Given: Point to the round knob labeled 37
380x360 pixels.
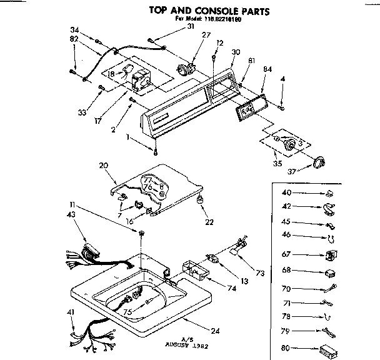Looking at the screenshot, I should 319,162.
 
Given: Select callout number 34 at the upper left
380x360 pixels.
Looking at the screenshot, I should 76,31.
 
